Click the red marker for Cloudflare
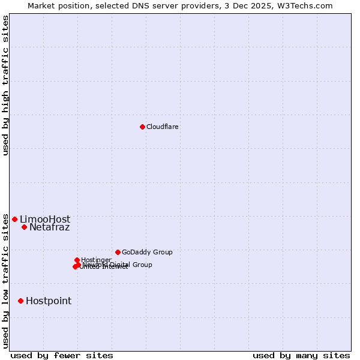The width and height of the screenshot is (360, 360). tap(142, 127)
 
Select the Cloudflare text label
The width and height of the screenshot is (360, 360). tap(163, 127)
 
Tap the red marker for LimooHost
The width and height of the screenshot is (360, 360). tap(15, 219)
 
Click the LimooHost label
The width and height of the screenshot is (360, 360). tap(45, 220)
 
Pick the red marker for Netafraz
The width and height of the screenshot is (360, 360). tap(24, 227)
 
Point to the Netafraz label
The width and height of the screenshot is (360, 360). tap(50, 227)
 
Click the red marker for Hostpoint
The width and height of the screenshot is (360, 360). tap(20, 301)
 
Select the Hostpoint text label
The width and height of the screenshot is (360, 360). tap(49, 301)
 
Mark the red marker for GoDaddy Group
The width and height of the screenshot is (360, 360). tap(118, 252)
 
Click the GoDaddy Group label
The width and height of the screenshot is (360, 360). tap(147, 253)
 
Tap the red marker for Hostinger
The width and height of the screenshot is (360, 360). tap(77, 260)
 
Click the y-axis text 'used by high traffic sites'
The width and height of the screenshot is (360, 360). tap(6, 85)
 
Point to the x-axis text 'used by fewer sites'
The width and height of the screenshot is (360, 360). tap(62, 356)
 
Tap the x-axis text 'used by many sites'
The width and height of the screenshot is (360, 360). tap(301, 356)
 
